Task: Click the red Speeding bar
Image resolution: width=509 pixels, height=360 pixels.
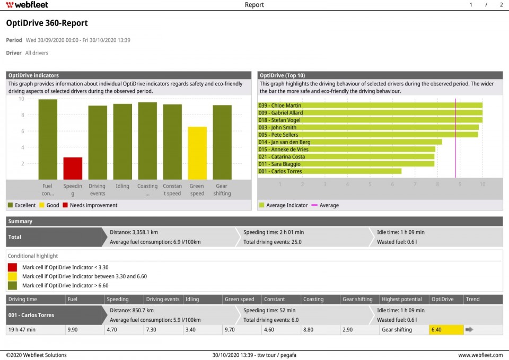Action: pos(73,168)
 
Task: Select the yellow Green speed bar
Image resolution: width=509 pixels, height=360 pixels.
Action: pos(197,153)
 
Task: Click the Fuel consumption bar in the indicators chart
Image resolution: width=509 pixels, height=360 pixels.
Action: pos(48,139)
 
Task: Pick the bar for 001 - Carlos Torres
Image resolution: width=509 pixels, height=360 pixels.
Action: pos(329,171)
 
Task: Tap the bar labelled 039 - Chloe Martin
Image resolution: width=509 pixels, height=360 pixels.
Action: pos(370,106)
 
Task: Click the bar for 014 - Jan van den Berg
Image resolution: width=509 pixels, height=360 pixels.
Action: pos(350,142)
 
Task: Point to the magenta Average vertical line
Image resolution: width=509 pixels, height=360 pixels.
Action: pos(455,138)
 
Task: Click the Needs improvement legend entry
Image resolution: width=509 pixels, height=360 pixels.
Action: pos(89,205)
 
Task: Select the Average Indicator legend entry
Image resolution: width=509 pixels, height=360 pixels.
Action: pos(283,205)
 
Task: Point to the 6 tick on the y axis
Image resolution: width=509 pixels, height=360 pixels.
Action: pos(22,131)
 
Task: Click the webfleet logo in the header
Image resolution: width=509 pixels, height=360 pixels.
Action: pos(28,5)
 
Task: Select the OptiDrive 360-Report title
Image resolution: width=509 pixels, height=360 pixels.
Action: pos(47,23)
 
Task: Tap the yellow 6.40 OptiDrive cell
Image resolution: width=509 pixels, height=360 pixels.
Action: pos(446,330)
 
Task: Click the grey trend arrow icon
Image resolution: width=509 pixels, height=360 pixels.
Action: pos(469,330)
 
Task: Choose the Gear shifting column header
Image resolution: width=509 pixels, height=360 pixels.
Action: pos(357,299)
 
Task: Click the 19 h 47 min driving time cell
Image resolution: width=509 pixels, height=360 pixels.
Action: pos(22,330)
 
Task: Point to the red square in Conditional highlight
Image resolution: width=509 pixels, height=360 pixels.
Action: pos(12,268)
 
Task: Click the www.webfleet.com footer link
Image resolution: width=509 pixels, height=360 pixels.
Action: pos(480,355)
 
